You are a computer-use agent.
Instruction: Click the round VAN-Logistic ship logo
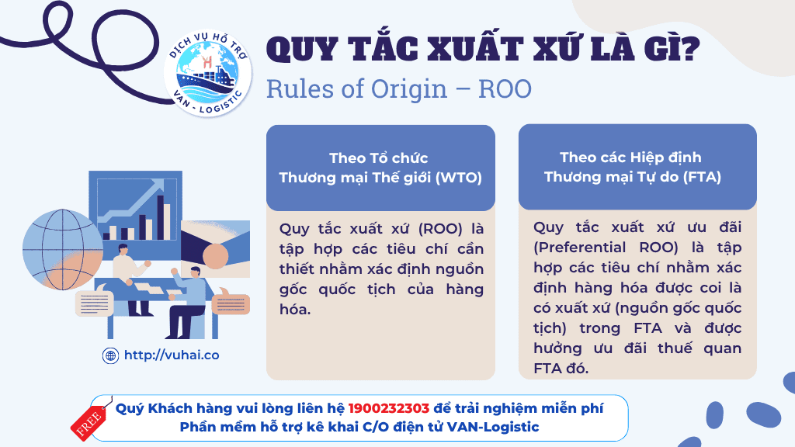click(x=208, y=74)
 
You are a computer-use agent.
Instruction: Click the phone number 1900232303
click(x=389, y=408)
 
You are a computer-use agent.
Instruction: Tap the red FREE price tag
click(x=89, y=420)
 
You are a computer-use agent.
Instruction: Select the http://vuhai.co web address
click(x=172, y=355)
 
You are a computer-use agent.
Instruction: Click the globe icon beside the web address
click(x=110, y=355)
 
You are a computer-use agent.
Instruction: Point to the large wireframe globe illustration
click(x=63, y=249)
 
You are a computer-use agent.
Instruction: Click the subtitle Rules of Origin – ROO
click(x=399, y=88)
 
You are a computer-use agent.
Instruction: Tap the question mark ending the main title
click(x=688, y=49)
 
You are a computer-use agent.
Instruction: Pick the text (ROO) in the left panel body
click(x=440, y=229)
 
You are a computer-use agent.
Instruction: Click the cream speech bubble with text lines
click(x=95, y=303)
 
